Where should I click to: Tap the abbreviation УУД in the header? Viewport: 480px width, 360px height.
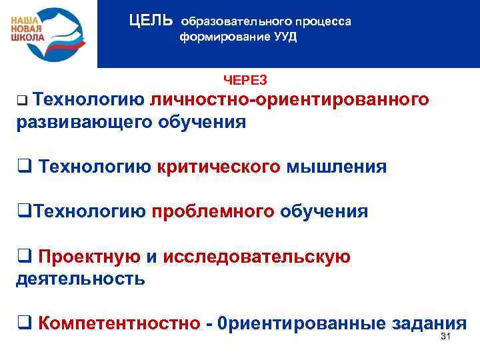coord(283,37)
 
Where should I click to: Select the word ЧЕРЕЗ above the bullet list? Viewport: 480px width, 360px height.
coord(245,80)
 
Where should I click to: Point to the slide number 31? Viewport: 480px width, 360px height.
coord(447,337)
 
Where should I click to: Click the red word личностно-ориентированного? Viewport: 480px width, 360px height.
coord(289,100)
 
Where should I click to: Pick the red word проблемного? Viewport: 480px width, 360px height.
coord(213,212)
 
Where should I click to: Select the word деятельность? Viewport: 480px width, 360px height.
coord(80,279)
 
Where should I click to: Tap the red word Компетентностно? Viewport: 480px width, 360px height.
coord(119,324)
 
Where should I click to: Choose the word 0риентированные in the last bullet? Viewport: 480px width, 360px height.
coord(305,324)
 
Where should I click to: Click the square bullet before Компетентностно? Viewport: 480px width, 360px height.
coord(21,325)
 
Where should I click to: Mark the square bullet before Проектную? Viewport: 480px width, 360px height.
coord(21,257)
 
